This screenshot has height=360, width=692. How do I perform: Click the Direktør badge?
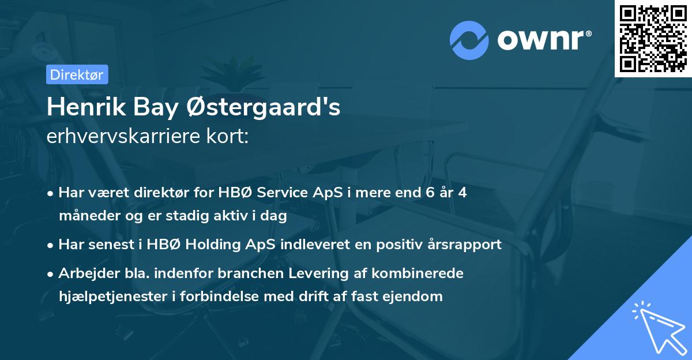pos(77,74)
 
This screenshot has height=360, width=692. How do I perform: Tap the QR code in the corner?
pos(653,38)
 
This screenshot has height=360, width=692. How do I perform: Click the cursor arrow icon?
pos(657,327)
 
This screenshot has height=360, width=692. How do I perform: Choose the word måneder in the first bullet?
pos(84,216)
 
